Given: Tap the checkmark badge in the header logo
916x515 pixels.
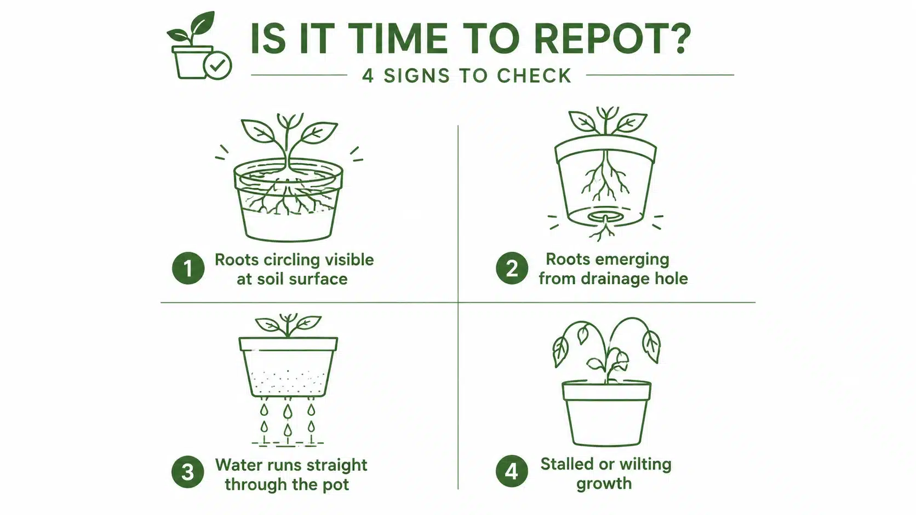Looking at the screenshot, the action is [217, 65].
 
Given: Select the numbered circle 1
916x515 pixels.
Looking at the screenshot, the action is [188, 268].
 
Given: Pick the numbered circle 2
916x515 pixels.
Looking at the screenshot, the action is [512, 268].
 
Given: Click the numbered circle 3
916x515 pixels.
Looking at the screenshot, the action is [188, 472].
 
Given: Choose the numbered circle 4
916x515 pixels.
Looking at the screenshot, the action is [512, 471].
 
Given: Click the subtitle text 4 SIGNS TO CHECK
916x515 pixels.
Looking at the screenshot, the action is [467, 76].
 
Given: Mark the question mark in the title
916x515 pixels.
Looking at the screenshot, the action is [682, 38].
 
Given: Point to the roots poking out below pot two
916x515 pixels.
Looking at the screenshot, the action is [602, 231].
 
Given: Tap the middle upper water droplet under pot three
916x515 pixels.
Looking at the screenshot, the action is [288, 411].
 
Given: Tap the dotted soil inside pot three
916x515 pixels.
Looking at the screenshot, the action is [289, 383].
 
